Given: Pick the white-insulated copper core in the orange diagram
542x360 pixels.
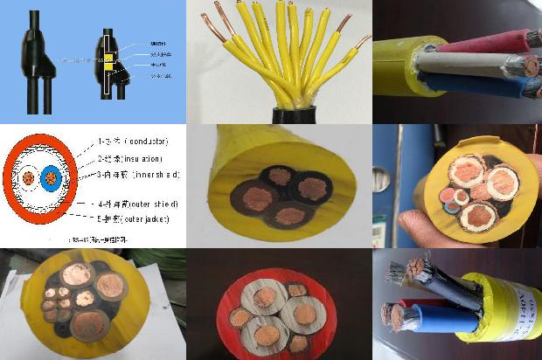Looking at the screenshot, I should tap(29, 178).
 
